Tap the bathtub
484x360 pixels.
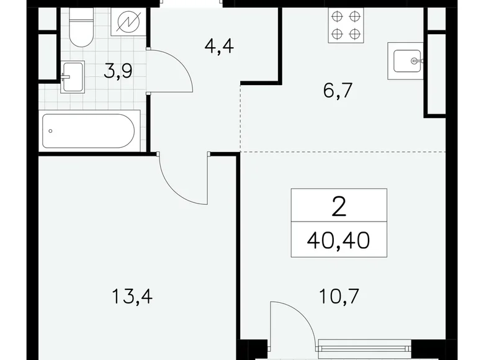[88, 130]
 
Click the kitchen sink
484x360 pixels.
[405, 61]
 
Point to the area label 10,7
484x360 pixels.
[338, 296]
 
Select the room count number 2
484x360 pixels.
[339, 205]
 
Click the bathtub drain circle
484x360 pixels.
[52, 130]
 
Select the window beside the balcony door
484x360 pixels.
[364, 347]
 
